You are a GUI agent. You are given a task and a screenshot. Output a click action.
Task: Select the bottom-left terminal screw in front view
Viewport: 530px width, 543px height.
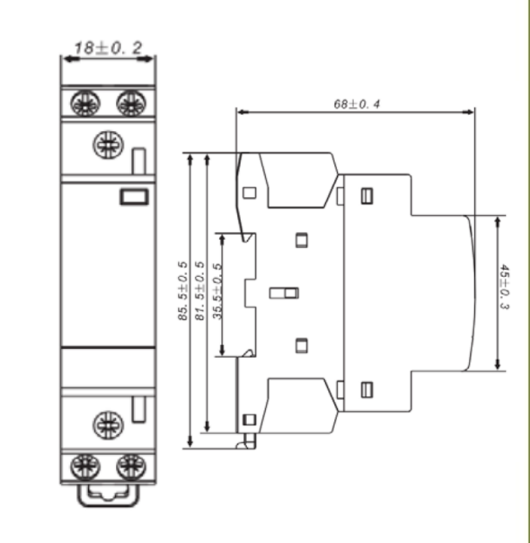pos(84,466)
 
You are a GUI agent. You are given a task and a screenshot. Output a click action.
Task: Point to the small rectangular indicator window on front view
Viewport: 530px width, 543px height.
pos(132,195)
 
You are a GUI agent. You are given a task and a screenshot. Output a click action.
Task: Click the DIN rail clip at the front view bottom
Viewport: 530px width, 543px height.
pos(107,495)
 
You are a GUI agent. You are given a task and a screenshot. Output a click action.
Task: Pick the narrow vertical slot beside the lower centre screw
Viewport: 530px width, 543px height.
pos(138,408)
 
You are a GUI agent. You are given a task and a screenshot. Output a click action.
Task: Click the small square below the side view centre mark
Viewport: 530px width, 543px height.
pos(302,343)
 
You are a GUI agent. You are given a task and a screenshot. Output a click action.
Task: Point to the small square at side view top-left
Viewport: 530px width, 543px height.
pos(251,191)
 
